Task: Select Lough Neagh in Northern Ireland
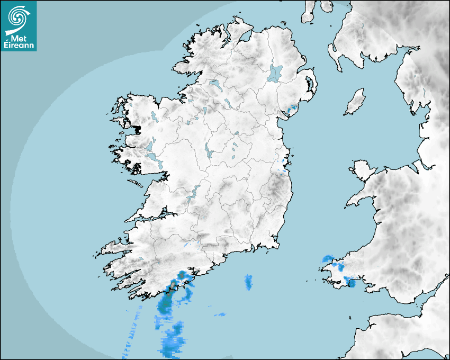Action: (x=276, y=73)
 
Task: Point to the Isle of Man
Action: (x=355, y=102)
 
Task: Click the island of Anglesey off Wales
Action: (x=362, y=170)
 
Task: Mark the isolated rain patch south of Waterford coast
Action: (x=248, y=283)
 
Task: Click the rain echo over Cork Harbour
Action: (x=182, y=276)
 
